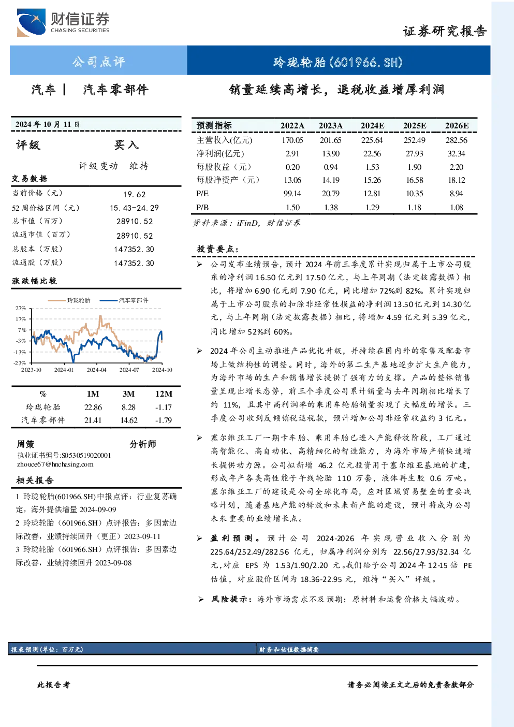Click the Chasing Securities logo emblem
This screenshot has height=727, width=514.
(x=31, y=23)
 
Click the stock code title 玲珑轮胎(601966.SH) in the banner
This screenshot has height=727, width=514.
(x=338, y=62)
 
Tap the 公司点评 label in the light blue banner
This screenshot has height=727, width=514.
(x=99, y=62)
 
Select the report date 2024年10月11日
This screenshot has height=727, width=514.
(x=48, y=124)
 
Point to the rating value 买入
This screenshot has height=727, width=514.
(x=126, y=145)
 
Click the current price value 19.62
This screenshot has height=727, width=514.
(x=135, y=194)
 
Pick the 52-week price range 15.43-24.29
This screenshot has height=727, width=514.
(x=135, y=208)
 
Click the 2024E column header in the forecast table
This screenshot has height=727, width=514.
(x=373, y=126)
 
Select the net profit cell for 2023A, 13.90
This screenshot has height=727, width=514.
(x=331, y=153)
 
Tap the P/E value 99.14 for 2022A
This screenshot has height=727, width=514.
(x=292, y=194)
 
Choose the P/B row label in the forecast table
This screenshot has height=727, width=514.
(x=202, y=208)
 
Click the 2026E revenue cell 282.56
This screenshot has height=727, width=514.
(x=457, y=140)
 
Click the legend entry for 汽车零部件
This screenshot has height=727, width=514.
(x=124, y=300)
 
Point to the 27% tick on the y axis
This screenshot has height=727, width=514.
(x=20, y=308)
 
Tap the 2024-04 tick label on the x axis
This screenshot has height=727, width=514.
(x=96, y=370)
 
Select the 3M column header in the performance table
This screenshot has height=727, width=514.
(x=128, y=394)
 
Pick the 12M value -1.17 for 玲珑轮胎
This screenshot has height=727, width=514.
(x=164, y=408)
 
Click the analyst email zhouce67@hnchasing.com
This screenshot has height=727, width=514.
(x=55, y=464)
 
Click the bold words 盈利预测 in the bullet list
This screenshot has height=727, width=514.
(x=231, y=538)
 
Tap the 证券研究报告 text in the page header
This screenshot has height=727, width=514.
(x=445, y=31)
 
